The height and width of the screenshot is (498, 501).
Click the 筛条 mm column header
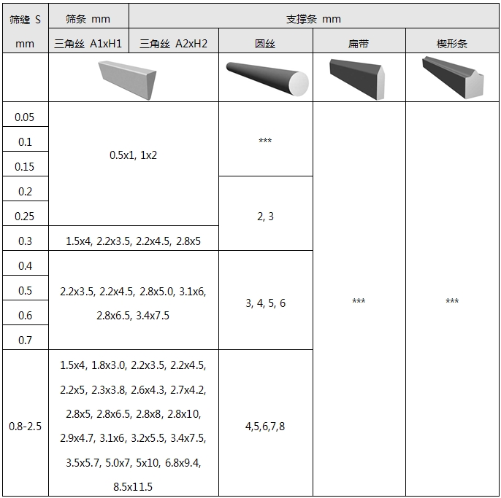(x=88, y=19)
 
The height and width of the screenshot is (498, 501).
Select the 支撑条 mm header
(x=313, y=19)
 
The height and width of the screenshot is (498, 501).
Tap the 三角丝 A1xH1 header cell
(x=88, y=44)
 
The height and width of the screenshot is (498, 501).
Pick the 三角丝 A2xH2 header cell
(x=174, y=44)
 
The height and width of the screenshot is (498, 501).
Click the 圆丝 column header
(x=265, y=44)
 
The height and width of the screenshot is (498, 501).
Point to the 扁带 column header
(x=359, y=44)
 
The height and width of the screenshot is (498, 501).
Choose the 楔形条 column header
(x=452, y=44)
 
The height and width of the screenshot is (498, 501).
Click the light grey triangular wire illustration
(x=127, y=80)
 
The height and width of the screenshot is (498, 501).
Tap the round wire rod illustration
(x=267, y=79)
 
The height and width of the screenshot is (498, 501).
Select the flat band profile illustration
(x=357, y=79)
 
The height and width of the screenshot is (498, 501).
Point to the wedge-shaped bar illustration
(x=453, y=77)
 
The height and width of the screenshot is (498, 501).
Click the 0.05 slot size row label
(x=24, y=117)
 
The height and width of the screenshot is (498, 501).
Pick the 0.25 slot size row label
(x=24, y=217)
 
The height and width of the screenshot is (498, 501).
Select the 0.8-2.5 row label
(x=25, y=427)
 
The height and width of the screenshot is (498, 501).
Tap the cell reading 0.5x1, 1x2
(x=133, y=155)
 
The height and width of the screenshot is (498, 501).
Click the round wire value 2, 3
(x=265, y=217)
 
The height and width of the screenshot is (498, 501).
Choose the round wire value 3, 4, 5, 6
(x=265, y=303)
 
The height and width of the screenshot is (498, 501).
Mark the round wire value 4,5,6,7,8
(x=265, y=427)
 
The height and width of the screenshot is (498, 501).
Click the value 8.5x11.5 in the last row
(x=133, y=487)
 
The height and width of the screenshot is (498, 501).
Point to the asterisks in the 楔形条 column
(x=452, y=300)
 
